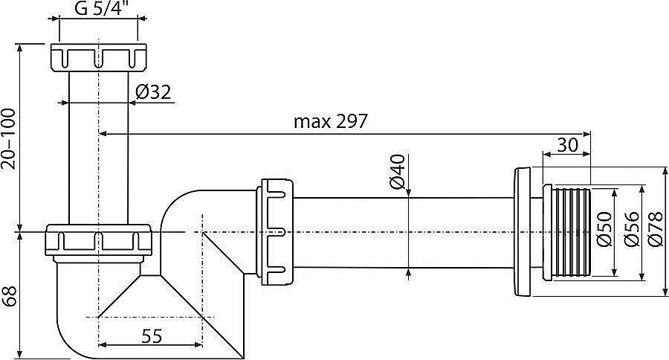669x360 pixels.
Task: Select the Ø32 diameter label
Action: pyautogui.click(x=154, y=92)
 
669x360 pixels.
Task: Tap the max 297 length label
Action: pyautogui.click(x=330, y=121)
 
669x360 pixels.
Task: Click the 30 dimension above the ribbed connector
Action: pyautogui.click(x=567, y=146)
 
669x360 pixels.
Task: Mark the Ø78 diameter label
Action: pyautogui.click(x=655, y=231)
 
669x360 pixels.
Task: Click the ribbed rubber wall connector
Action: pyautogui.click(x=568, y=232)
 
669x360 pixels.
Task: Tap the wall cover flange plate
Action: pyautogui.click(x=524, y=232)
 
